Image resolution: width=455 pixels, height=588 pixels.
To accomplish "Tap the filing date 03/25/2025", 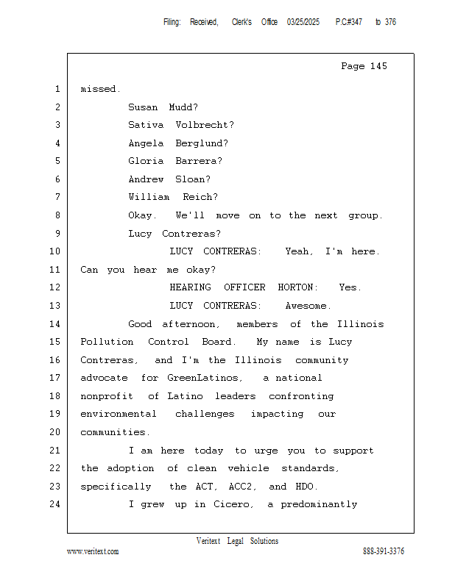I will coord(304,23).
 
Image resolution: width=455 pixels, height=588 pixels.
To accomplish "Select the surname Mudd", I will coord(183,107).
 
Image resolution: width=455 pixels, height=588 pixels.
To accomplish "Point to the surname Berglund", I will coord(201,143).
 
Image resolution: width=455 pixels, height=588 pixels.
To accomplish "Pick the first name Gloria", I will coord(146,161).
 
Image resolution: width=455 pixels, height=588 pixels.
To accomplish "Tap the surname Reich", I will coord(200,197).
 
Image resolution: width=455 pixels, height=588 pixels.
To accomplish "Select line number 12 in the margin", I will coord(57,287).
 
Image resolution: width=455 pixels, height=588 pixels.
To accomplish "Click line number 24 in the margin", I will coord(57,504).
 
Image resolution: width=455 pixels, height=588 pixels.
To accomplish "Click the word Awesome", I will coord(308,306).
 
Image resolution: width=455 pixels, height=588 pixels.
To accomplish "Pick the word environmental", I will coord(119,414).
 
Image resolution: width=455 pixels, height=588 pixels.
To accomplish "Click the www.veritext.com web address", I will coord(93,551).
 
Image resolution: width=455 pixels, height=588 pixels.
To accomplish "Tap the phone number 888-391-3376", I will coord(384,551).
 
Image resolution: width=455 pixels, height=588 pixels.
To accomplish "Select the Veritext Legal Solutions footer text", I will coord(237,541).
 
